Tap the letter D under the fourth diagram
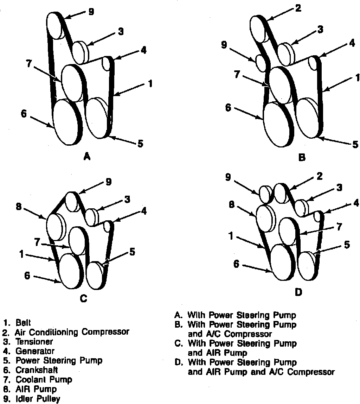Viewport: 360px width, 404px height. coord(298,292)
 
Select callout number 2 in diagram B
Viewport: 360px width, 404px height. coord(298,8)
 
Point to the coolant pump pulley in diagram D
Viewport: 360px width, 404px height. coord(289,231)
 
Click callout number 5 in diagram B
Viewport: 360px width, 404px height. coord(355,144)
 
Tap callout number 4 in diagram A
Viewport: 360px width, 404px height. coord(143,50)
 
